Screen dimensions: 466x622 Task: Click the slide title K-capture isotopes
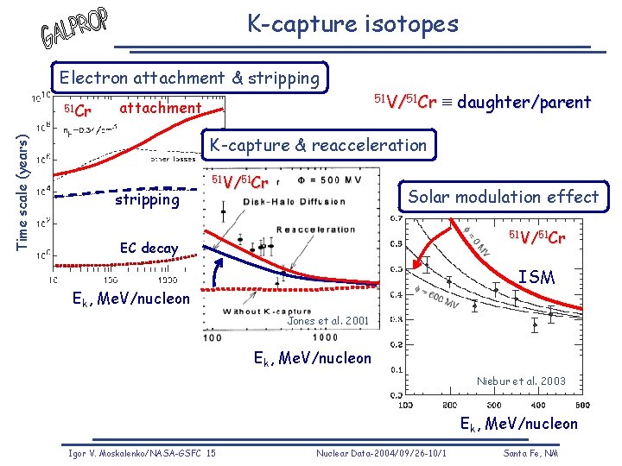click(352, 23)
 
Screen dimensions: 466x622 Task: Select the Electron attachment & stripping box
click(189, 78)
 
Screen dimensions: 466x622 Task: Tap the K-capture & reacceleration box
click(318, 145)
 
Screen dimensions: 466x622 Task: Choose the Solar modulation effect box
click(504, 197)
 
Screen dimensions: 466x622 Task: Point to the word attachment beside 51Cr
click(160, 108)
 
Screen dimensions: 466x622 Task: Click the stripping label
click(147, 199)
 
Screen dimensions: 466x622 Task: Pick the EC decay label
click(149, 249)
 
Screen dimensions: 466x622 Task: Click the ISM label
click(536, 277)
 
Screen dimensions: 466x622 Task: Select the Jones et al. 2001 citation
click(327, 321)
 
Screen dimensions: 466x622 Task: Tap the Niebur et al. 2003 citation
click(521, 381)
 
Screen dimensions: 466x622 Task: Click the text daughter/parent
click(524, 103)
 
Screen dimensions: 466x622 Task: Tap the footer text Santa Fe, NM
click(530, 453)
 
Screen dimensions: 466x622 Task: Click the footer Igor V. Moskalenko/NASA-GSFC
click(143, 453)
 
